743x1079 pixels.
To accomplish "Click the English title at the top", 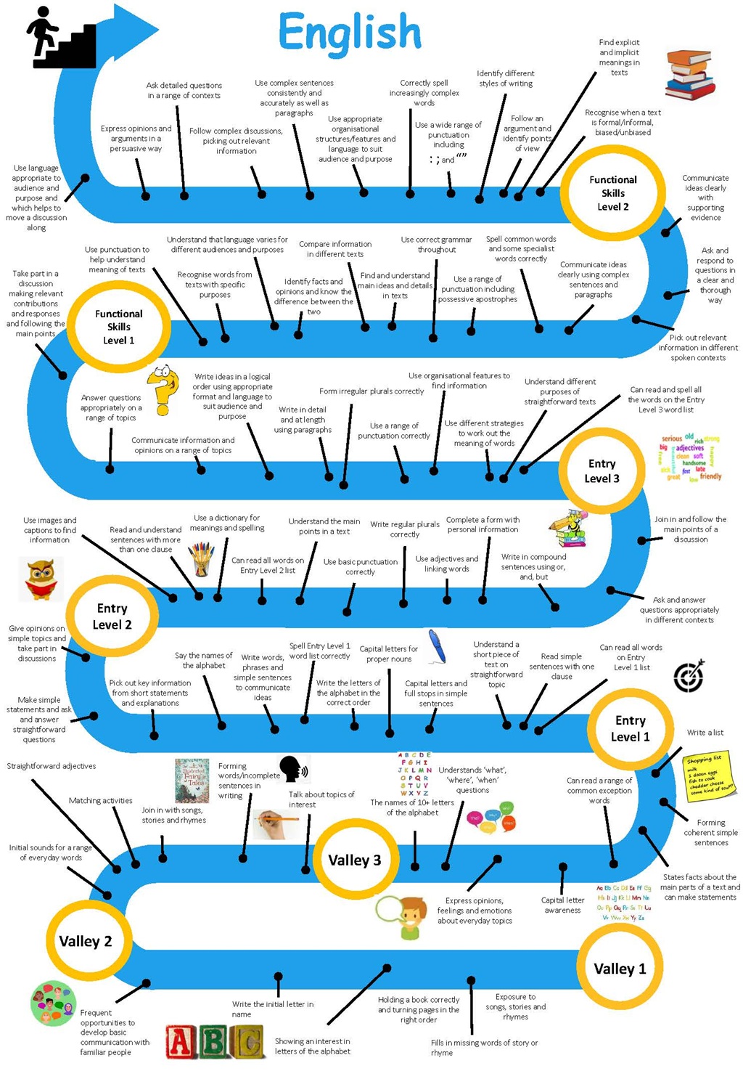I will [x=349, y=33].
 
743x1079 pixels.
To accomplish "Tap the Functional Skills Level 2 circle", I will [x=612, y=192].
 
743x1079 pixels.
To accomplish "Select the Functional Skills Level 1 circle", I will [x=119, y=327].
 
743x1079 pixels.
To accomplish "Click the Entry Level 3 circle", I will [x=602, y=471].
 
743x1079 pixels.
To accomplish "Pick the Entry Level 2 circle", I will [x=112, y=616].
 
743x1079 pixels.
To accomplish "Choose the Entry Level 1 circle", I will [x=630, y=728].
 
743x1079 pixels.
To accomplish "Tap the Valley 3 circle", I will [x=354, y=860].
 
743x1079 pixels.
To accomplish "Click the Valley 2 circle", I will [x=86, y=941].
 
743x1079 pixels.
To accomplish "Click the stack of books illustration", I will [x=690, y=74].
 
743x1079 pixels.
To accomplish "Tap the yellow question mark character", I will [x=163, y=389].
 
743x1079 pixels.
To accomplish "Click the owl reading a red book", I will [x=41, y=579].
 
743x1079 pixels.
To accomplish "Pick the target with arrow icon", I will [x=689, y=676].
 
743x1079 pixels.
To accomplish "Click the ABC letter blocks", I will [x=215, y=1042].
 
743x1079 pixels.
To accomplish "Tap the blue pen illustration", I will [x=437, y=646].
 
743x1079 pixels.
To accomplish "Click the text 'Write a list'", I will [x=705, y=733].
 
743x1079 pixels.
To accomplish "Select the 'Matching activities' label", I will [x=100, y=801].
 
